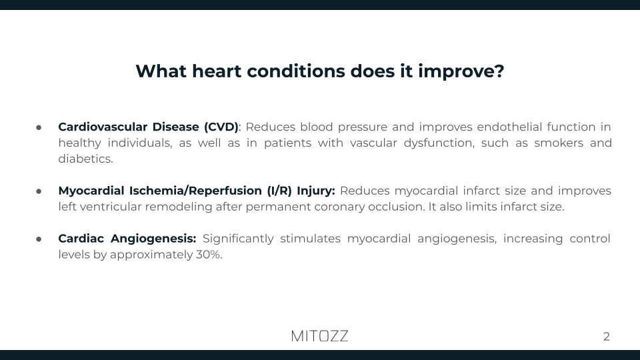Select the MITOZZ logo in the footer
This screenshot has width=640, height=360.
(319, 336)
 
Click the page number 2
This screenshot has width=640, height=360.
(606, 337)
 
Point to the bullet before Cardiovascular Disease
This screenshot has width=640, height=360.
(39, 127)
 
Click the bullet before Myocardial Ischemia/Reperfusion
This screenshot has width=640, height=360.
(39, 191)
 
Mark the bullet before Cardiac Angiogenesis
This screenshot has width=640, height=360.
(39, 239)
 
